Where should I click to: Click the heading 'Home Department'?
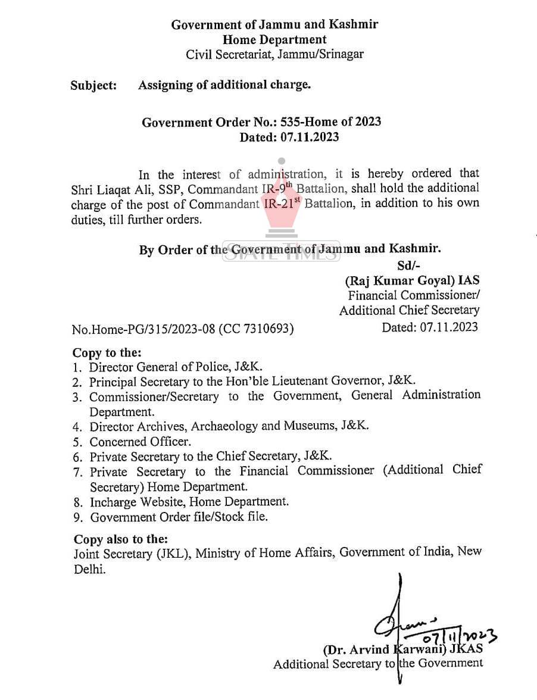[x=274, y=40]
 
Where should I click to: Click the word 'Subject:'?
[x=93, y=85]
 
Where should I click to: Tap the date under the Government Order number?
[x=289, y=137]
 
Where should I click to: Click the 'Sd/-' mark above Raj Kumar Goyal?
[x=410, y=265]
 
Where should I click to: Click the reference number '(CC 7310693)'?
[x=257, y=329]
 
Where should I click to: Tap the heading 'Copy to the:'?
[x=107, y=352]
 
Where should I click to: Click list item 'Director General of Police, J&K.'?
[x=176, y=367]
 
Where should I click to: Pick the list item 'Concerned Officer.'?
[x=141, y=442]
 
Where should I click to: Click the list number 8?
[x=77, y=502]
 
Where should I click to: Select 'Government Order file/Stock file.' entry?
[x=179, y=517]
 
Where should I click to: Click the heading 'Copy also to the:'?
[x=121, y=539]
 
